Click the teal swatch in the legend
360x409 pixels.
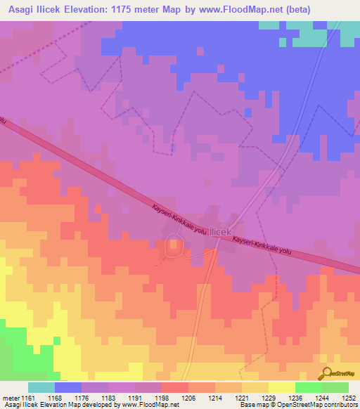coord(41,387)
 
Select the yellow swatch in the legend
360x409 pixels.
coord(281,387)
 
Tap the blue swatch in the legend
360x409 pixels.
coord(68,387)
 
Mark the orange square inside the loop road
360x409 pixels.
coord(173,247)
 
